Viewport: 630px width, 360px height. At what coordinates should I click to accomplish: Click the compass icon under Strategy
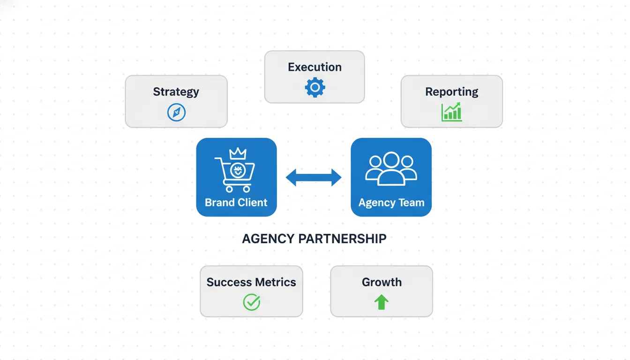(x=176, y=112)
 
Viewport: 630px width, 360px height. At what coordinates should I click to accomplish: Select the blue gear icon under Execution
(x=315, y=88)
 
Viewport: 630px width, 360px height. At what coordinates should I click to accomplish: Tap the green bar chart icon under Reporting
(x=451, y=112)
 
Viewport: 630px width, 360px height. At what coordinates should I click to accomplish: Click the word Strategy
(x=176, y=92)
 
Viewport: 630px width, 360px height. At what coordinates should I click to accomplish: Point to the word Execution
(x=315, y=67)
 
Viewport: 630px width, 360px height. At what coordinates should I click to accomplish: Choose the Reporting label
(x=451, y=92)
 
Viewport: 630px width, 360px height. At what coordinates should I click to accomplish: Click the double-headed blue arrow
(x=314, y=178)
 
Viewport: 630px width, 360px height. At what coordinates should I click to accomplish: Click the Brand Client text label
(x=236, y=202)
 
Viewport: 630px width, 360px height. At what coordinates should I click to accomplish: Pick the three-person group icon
(x=391, y=169)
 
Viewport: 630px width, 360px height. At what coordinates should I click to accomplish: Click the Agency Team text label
(x=391, y=202)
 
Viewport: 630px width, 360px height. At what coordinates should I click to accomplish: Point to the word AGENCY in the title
(x=268, y=239)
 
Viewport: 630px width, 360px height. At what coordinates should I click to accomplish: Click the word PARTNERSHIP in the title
(x=342, y=239)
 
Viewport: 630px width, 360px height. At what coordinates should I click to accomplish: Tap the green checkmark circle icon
(x=251, y=302)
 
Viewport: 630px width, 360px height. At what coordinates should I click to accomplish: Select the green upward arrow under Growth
(x=382, y=302)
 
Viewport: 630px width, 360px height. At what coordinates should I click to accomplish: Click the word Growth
(x=382, y=282)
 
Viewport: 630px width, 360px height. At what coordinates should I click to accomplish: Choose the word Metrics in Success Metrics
(x=274, y=282)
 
